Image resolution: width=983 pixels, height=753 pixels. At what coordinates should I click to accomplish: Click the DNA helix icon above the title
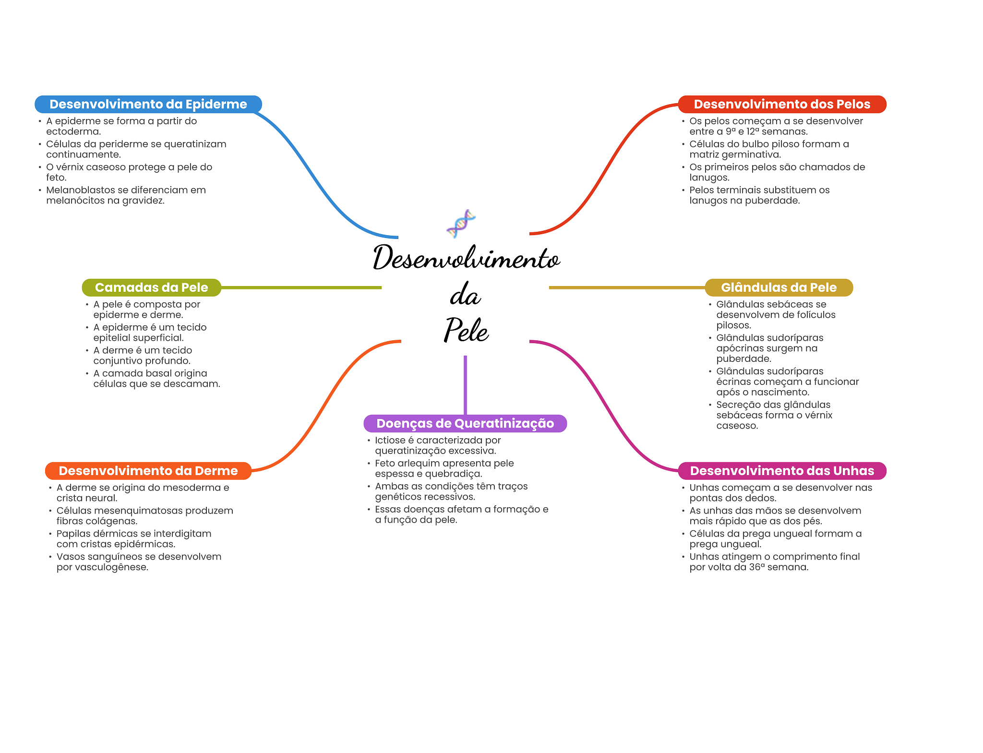click(461, 224)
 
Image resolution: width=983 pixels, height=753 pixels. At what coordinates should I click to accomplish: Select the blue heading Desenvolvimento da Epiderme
click(148, 104)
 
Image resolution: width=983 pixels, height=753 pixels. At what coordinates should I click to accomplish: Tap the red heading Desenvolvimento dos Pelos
click(782, 104)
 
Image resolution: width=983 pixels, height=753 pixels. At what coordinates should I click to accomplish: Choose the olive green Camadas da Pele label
click(151, 287)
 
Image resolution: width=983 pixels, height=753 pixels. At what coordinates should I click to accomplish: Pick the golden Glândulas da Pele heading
click(779, 287)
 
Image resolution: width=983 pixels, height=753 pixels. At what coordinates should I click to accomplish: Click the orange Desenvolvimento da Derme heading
click(148, 471)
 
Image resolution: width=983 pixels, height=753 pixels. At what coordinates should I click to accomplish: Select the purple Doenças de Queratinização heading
click(465, 423)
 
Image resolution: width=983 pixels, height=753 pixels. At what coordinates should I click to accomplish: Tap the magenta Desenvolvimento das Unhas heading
click(782, 471)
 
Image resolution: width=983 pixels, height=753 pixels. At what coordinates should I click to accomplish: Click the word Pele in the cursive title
click(466, 330)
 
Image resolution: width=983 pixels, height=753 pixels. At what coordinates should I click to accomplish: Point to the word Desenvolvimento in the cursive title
click(466, 258)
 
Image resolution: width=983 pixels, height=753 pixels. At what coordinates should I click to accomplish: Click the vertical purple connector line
click(465, 384)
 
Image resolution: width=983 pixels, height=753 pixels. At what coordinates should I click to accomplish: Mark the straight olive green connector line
click(301, 287)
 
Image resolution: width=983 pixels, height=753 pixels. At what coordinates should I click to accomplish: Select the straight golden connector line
click(626, 287)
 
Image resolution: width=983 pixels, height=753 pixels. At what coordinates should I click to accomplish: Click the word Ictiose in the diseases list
click(390, 440)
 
